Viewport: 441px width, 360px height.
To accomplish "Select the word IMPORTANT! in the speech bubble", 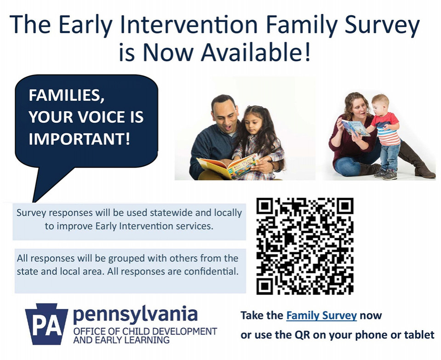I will [79, 138].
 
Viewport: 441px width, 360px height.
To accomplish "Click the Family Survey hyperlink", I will [321, 316].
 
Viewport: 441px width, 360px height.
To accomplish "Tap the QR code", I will [305, 246].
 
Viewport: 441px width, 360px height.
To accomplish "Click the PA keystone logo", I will [46, 324].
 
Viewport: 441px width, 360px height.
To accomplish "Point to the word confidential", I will [211, 271].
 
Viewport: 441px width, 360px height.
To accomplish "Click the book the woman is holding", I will [355, 127].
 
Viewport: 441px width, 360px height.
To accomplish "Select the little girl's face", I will [252, 122].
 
